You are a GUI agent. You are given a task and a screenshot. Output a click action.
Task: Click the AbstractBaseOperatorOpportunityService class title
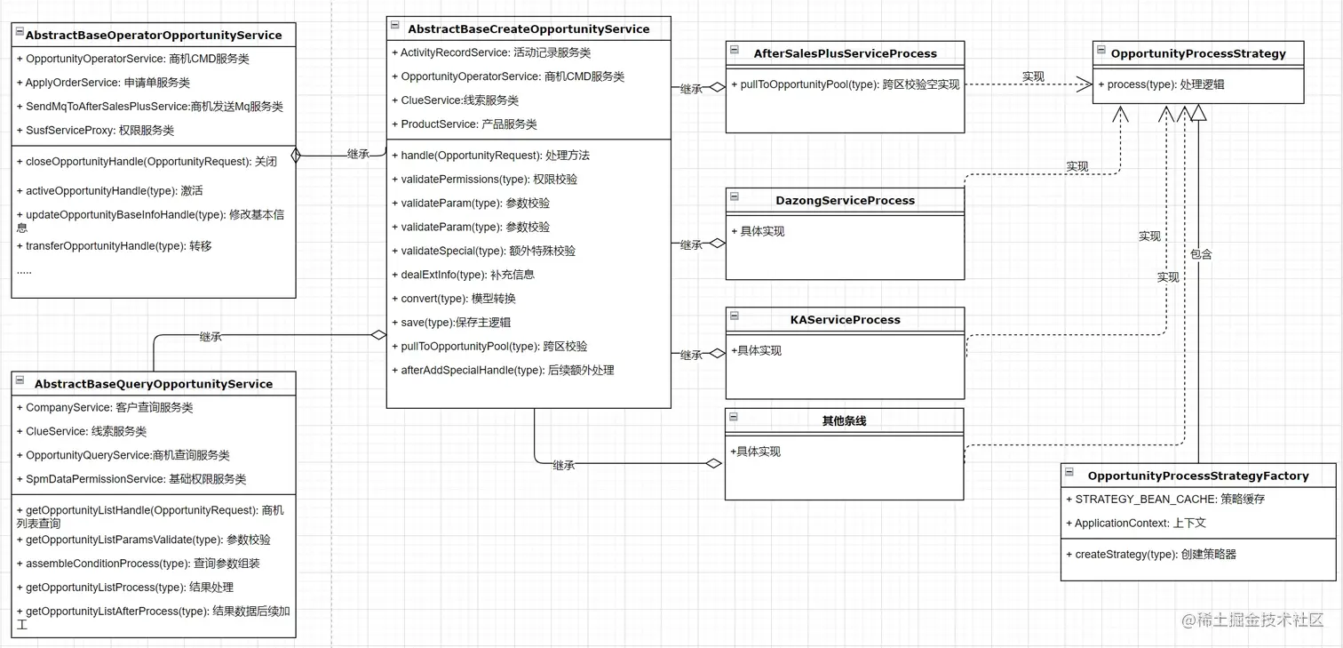tap(154, 36)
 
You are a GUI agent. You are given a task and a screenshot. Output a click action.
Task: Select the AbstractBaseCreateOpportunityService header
tap(528, 29)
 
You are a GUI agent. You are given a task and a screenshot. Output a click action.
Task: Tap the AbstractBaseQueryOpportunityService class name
tap(154, 384)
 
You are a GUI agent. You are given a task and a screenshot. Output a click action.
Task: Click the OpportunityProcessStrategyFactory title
tap(1198, 476)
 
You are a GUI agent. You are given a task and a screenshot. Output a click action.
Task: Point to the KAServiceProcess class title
tap(845, 320)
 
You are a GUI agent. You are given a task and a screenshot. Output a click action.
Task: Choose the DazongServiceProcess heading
tap(845, 201)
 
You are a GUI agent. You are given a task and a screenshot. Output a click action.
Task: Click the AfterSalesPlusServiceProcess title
tap(845, 53)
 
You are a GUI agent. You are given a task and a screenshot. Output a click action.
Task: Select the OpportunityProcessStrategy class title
tap(1198, 53)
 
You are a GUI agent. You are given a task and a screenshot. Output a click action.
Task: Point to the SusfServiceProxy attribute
tap(99, 131)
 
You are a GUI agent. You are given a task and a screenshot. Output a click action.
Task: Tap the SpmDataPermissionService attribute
tap(135, 479)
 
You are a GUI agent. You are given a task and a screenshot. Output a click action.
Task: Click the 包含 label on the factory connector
tap(1201, 254)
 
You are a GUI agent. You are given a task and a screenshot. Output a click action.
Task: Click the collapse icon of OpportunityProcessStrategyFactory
tap(1069, 474)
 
